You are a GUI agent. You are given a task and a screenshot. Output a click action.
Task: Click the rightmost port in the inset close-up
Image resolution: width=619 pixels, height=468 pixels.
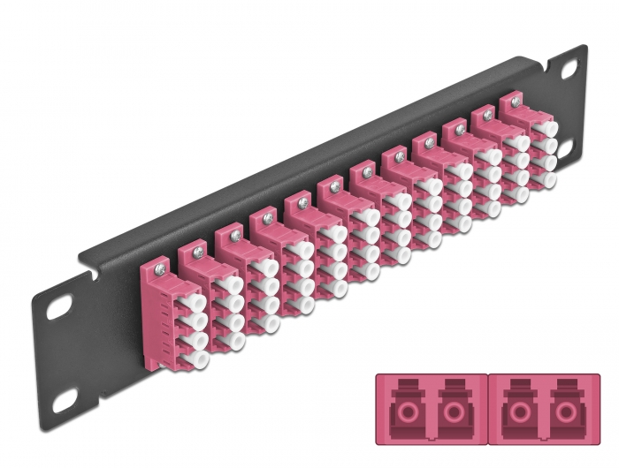tap(563, 415)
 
